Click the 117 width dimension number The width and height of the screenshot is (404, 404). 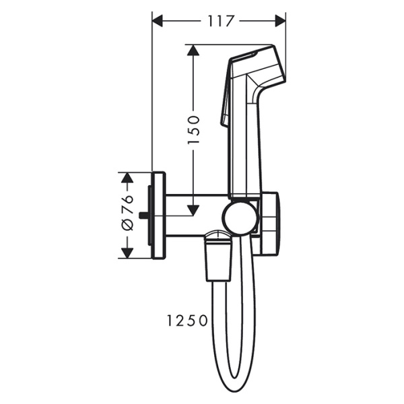point(219,21)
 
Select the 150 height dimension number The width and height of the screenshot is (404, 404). point(194,129)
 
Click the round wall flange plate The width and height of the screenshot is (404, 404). point(160,215)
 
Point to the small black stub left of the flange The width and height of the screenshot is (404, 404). point(143,215)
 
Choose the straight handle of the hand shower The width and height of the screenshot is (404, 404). point(244,148)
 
